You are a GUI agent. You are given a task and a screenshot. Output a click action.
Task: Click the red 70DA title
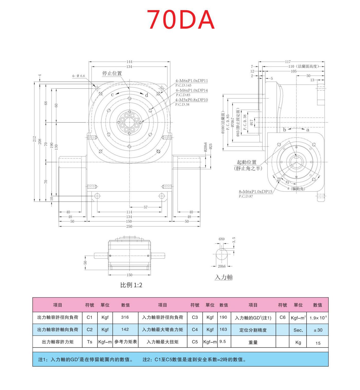coord(180,20)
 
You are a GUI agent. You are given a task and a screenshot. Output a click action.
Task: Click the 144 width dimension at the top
coord(129,62)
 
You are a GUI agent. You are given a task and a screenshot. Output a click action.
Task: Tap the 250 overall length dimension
coord(129,226)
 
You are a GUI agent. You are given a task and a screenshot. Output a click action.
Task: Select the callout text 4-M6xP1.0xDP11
coord(192,81)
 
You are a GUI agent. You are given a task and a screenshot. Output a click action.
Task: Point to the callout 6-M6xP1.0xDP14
coord(192,90)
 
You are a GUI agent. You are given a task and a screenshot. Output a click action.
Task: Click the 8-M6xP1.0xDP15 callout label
coord(255,192)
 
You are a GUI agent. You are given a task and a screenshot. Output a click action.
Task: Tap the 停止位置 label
coord(112,73)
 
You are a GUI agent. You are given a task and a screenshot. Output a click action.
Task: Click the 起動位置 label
coord(247,162)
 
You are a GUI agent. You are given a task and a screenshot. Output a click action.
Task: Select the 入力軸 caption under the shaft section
coord(224,277)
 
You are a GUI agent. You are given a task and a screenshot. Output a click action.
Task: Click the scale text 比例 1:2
coord(131,285)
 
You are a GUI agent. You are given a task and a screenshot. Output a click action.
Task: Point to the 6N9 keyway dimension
coord(221,239)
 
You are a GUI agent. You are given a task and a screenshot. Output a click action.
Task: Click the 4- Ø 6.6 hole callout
coord(78,76)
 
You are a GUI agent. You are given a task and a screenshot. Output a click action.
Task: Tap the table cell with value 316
coord(125,317)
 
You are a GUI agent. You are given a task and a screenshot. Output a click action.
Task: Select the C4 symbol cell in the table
coord(195,329)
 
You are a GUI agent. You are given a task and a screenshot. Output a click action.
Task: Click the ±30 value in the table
coord(318,330)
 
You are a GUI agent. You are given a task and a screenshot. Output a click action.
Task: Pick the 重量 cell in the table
coord(253,342)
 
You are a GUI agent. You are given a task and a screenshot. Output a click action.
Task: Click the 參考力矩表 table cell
coord(125,342)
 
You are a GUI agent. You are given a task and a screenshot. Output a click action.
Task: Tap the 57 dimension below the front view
coord(146,207)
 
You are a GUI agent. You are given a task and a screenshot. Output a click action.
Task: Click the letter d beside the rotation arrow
coord(147,95)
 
